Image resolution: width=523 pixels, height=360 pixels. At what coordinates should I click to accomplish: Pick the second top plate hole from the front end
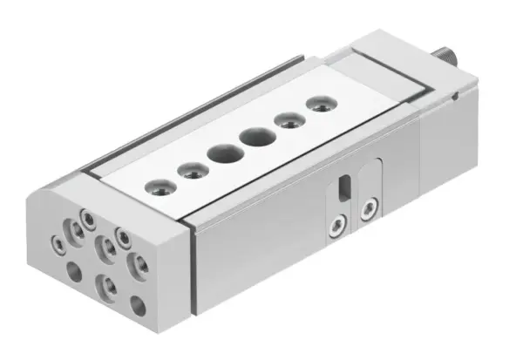pos(186,169)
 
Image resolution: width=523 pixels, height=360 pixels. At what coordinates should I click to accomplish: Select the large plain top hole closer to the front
pos(220,153)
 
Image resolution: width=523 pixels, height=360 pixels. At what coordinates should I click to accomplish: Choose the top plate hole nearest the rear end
pos(316,106)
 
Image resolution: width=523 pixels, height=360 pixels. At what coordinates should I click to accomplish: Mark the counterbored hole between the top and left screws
pos(72,229)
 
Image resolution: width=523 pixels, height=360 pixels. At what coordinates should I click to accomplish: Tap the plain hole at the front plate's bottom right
pos(137,305)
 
